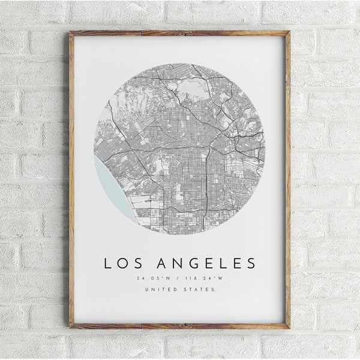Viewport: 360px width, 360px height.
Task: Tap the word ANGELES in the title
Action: pos(204,263)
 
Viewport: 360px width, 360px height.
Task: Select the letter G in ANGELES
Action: pos(189,263)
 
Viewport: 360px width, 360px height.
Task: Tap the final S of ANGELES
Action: pos(251,263)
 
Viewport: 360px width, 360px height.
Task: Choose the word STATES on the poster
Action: pos(200,290)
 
